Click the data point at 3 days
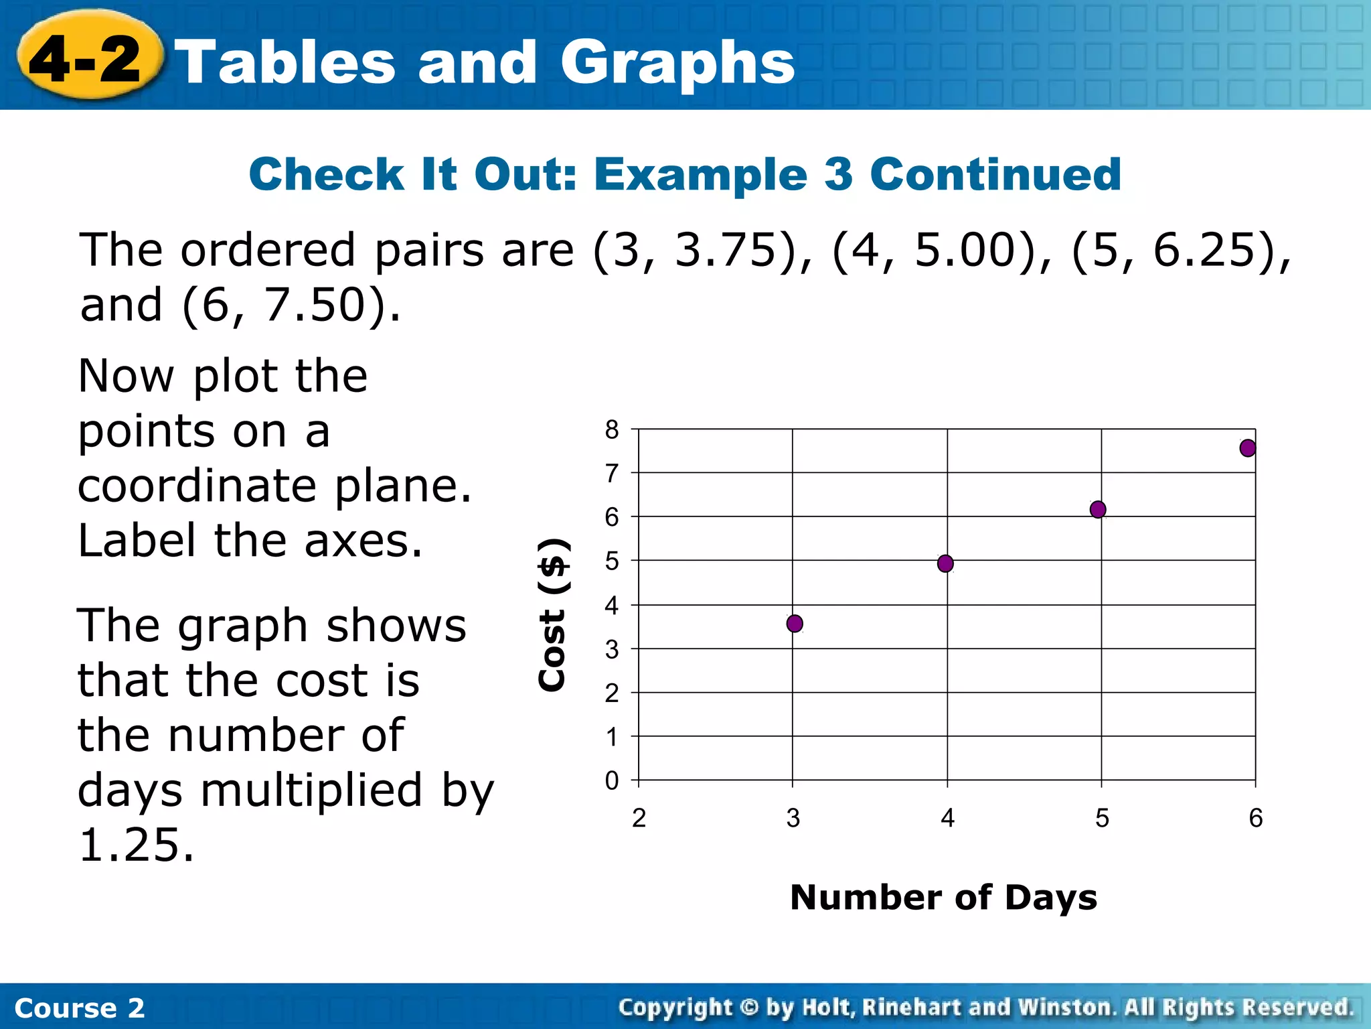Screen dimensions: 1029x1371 point(795,624)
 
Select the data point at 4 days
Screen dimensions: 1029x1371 point(945,563)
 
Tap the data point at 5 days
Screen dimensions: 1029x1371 point(1098,510)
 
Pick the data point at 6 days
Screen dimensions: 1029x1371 point(1248,448)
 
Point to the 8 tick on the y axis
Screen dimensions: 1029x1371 point(612,430)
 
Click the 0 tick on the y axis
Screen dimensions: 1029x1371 point(612,781)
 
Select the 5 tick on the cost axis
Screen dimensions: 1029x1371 point(612,561)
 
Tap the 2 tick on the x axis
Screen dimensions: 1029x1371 point(639,818)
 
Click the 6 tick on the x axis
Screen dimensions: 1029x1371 point(1256,818)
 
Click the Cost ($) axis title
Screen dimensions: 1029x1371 point(554,615)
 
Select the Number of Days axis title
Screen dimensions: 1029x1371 point(943,897)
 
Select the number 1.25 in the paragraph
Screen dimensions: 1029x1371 point(136,845)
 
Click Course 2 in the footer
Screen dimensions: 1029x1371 point(79,1008)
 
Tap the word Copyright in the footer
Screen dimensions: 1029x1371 point(675,1007)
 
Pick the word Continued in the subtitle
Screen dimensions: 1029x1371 point(995,174)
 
